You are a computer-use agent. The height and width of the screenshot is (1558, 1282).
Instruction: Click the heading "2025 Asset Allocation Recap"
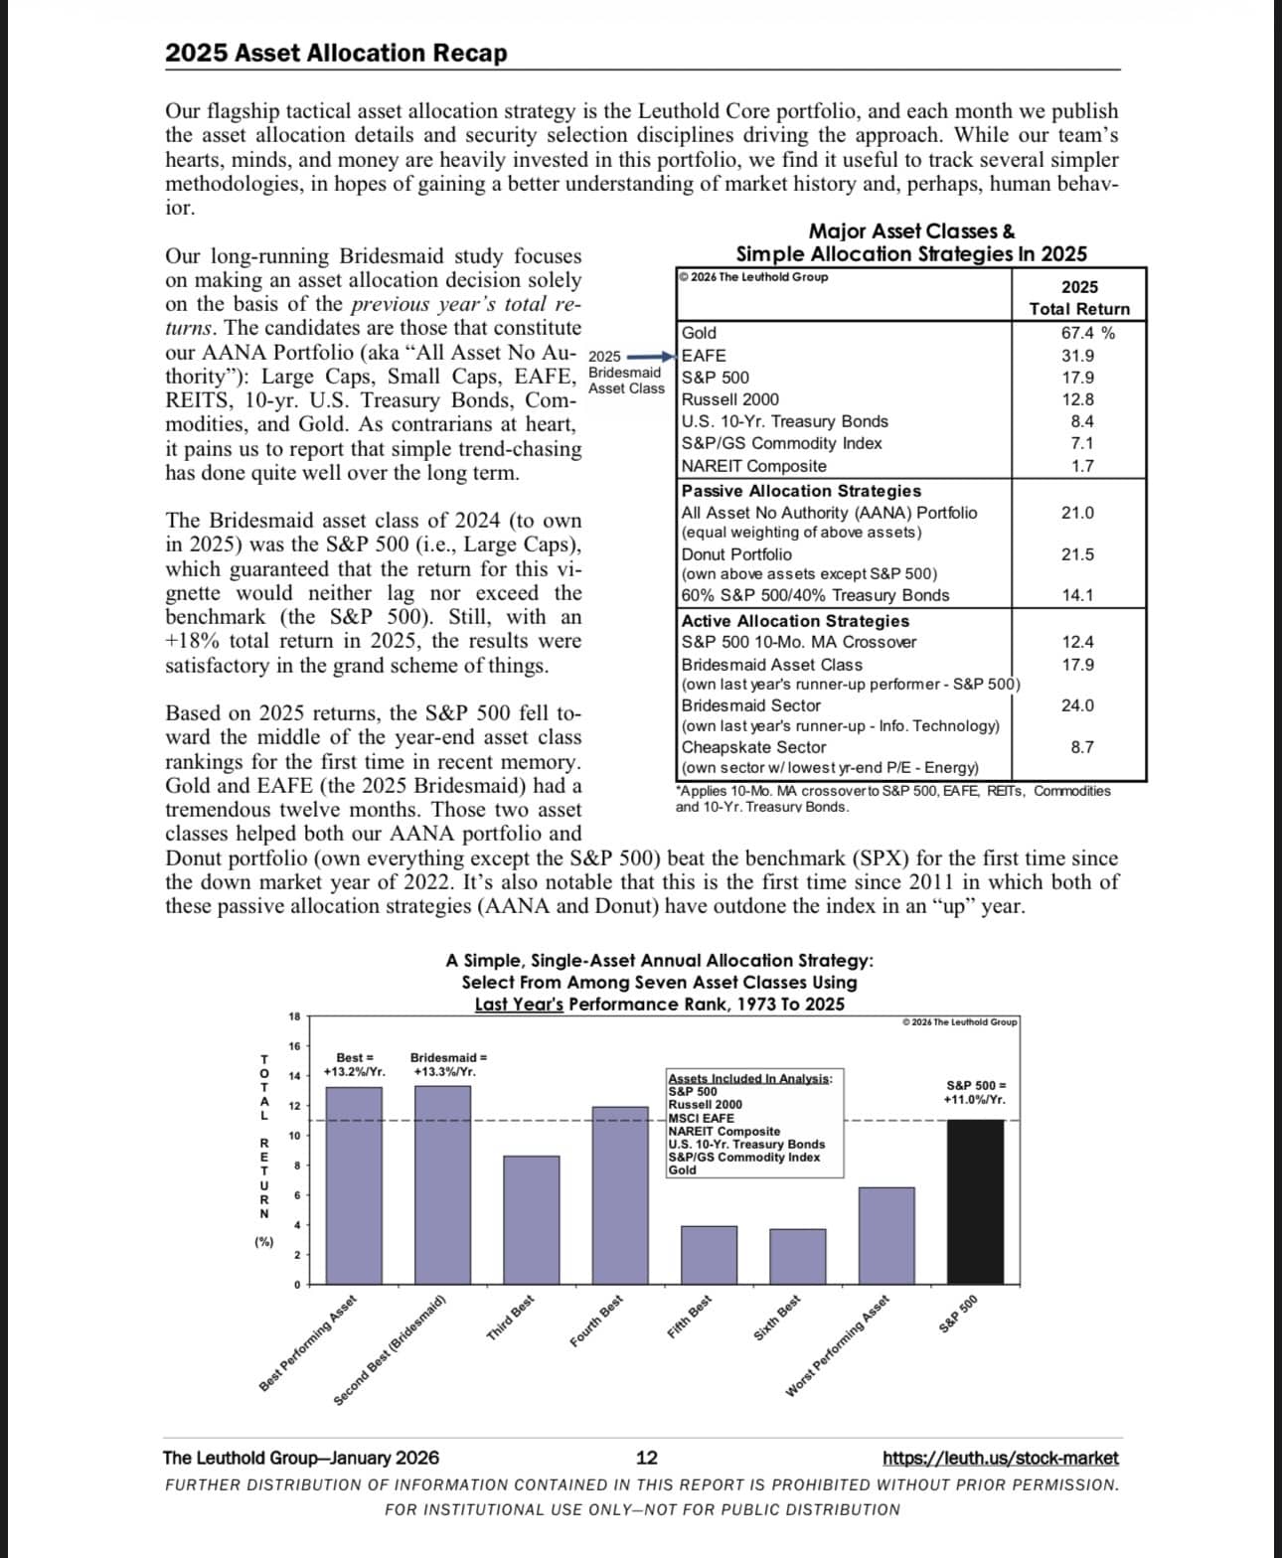[336, 53]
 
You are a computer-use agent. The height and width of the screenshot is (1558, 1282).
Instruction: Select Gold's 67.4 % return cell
[1087, 333]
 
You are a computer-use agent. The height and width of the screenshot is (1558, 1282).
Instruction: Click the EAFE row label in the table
[704, 355]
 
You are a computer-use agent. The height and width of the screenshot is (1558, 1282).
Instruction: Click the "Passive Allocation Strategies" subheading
[801, 491]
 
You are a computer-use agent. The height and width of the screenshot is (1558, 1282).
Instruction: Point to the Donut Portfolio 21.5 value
[1077, 554]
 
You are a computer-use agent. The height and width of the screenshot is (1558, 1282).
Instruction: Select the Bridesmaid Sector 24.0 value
[1077, 705]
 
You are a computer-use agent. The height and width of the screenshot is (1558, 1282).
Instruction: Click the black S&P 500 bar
[975, 1201]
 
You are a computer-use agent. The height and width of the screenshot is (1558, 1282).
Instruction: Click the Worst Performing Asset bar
[886, 1236]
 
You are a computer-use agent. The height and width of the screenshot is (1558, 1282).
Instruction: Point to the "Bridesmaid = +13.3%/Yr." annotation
[448, 1064]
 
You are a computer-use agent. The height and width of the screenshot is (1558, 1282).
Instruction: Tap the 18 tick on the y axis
[294, 1015]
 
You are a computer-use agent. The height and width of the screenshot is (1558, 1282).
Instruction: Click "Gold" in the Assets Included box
[683, 1169]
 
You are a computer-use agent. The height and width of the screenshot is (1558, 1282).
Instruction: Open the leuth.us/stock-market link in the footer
[1000, 1458]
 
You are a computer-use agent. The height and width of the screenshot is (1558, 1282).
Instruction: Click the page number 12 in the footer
[646, 1458]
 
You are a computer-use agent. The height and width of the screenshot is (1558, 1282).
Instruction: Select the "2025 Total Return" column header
[1079, 298]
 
